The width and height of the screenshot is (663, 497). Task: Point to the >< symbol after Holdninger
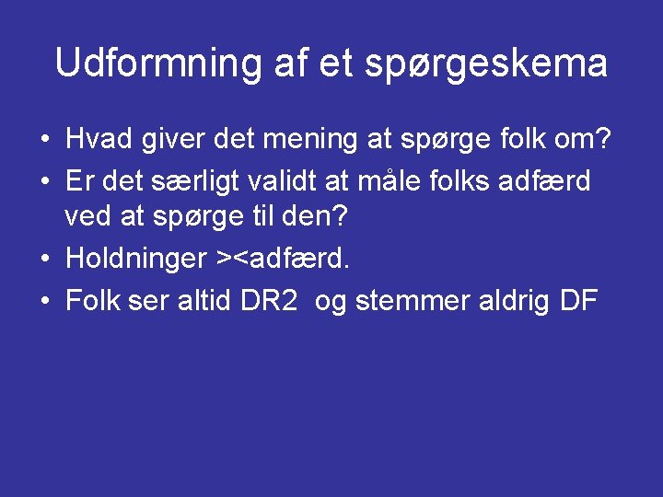click(x=231, y=260)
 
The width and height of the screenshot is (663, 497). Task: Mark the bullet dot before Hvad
click(x=44, y=141)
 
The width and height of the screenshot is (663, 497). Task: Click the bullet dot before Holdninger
click(x=44, y=260)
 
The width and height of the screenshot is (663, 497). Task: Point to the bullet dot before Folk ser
click(x=44, y=301)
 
